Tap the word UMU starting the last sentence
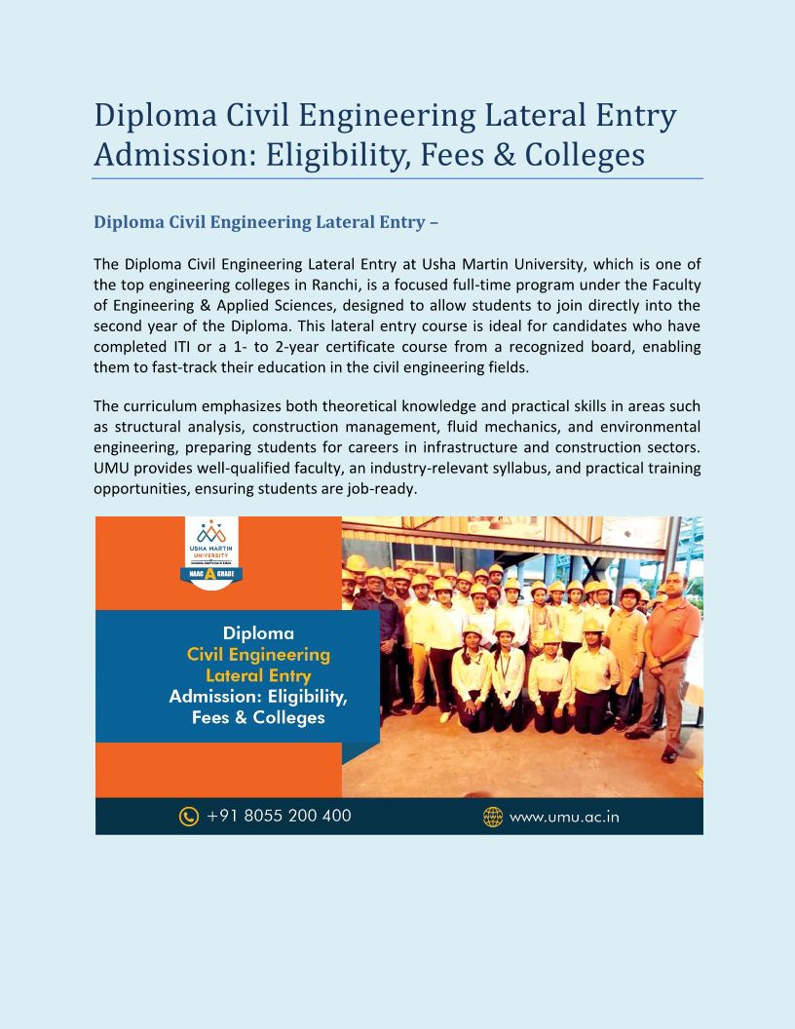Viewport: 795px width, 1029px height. [110, 468]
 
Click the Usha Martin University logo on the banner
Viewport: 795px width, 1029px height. [211, 542]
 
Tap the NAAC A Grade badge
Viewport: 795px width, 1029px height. [211, 574]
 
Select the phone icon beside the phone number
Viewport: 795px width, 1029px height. [189, 817]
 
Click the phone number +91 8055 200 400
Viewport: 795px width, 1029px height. [279, 816]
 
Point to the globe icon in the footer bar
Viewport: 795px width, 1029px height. [493, 817]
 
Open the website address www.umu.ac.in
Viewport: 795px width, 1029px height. [564, 817]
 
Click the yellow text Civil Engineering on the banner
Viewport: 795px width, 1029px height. [258, 654]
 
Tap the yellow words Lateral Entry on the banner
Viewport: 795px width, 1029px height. [258, 675]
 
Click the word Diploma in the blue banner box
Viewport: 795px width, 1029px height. [258, 633]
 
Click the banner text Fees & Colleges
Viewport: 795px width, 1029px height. [258, 718]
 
